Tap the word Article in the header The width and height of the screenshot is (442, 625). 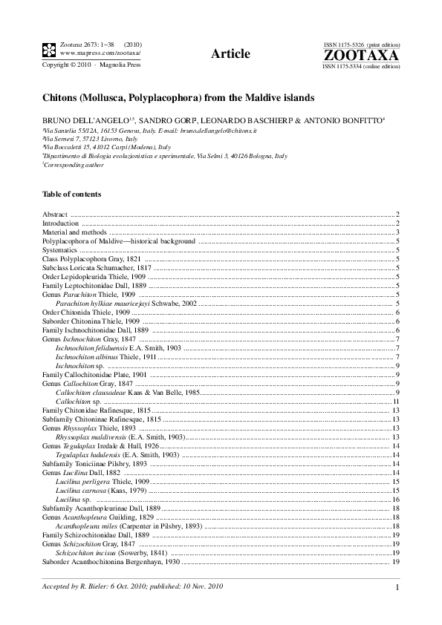pyautogui.click(x=230, y=53)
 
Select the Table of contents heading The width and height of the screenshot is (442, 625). pyautogui.click(x=72, y=194)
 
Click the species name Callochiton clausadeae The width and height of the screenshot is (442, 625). pyautogui.click(x=92, y=392)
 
